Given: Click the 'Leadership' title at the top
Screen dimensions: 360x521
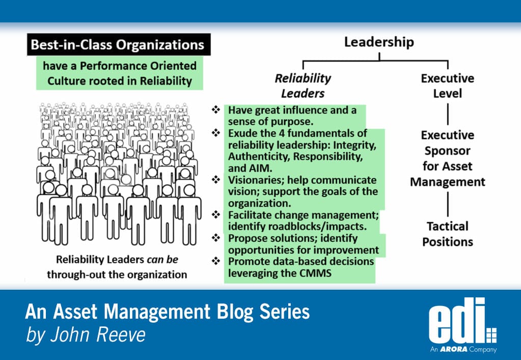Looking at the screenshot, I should (x=379, y=42).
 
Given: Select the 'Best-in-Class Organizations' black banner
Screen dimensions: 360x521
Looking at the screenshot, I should (x=117, y=45).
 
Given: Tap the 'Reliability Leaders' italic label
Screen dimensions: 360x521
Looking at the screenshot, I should (x=303, y=86).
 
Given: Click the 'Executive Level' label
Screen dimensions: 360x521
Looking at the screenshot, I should (x=447, y=86).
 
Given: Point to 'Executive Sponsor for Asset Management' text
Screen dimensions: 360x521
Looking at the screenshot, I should (x=447, y=158).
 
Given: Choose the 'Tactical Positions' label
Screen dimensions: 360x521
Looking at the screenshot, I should (x=447, y=234).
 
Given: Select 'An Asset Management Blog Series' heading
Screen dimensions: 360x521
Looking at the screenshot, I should (x=168, y=311).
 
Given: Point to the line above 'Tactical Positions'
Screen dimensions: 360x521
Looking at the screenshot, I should (x=447, y=204).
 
